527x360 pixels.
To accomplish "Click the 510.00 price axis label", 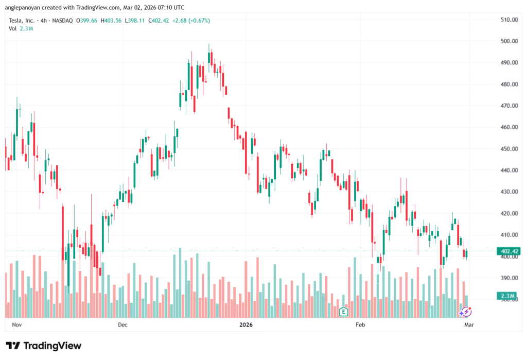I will coord(508,20).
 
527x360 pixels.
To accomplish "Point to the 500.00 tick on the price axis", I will coord(508,41).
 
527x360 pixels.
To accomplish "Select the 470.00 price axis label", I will coord(508,106).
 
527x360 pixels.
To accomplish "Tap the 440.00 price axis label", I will coord(508,170).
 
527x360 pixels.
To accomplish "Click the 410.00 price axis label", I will coord(508,235).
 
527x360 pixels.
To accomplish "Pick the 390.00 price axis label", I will coord(508,278).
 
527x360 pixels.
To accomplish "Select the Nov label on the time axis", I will coord(17,325).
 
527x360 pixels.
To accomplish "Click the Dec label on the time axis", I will coord(122,325).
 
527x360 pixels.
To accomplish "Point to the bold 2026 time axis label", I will coord(246,325).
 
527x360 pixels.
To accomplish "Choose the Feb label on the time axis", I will coord(360,325).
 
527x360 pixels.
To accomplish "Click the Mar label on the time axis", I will coord(469,325).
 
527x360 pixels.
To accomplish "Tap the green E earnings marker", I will coord(343,311).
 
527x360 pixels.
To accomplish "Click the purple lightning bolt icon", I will coord(466,312).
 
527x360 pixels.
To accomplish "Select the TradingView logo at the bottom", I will coord(44,346).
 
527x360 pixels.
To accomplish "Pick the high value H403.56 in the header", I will coord(111,21).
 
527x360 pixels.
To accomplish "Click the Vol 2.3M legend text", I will coord(21,28).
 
